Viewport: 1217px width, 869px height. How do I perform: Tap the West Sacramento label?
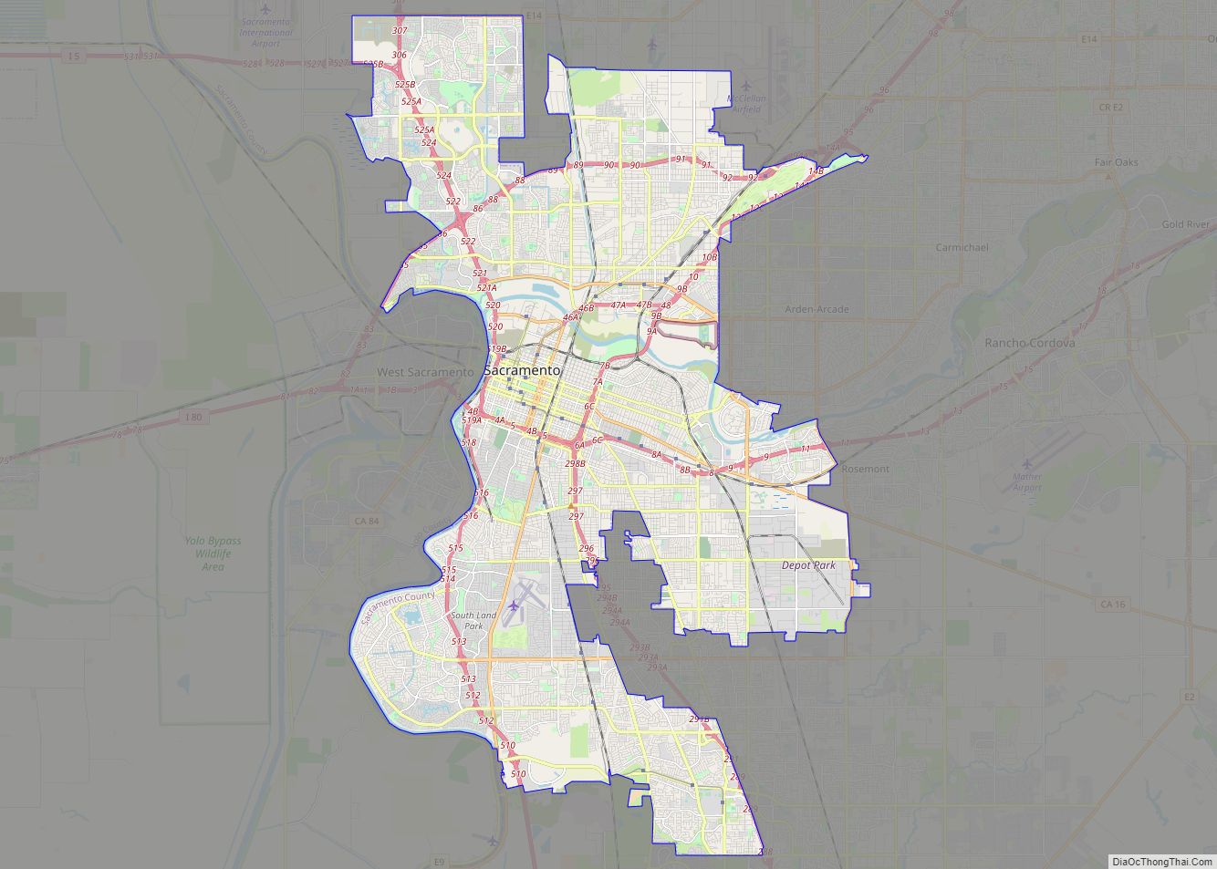(x=425, y=372)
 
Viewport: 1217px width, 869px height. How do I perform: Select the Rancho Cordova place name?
(x=1029, y=343)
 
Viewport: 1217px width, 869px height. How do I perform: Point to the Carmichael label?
(x=962, y=247)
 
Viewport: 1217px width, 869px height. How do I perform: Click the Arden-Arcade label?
(x=817, y=309)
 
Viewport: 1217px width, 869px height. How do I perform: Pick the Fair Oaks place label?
(x=1117, y=162)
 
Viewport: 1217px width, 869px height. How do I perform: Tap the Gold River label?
(x=1185, y=224)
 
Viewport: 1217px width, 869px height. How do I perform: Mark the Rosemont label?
(x=865, y=469)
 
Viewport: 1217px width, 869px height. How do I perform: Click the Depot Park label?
(x=808, y=565)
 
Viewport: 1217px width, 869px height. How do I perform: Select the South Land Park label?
(x=473, y=621)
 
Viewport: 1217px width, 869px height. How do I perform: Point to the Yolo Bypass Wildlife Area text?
(x=213, y=553)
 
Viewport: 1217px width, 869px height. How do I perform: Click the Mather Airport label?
(x=1027, y=481)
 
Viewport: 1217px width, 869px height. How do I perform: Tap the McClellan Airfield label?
(x=746, y=103)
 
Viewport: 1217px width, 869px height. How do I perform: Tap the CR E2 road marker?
(x=1110, y=107)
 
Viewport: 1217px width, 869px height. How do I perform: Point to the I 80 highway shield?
(x=192, y=418)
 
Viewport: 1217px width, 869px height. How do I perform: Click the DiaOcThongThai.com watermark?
(x=1161, y=861)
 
